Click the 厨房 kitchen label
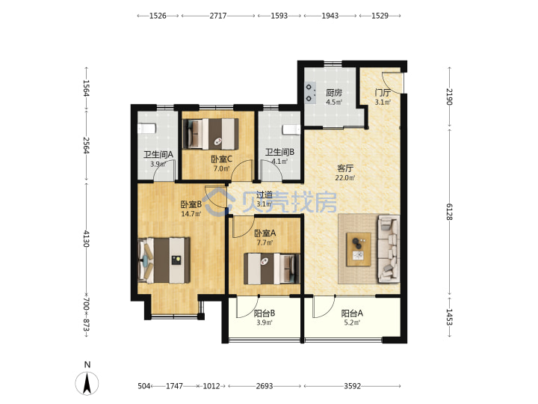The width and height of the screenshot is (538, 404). coord(334,93)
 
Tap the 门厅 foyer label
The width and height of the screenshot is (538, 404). coord(383,93)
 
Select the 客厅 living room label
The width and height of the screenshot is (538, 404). coord(345,168)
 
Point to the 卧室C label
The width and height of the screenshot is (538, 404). coord(222,159)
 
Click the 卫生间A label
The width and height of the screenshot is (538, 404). coord(158,155)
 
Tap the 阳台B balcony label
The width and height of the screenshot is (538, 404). coord(265,313)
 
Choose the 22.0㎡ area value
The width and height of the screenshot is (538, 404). coord(345,178)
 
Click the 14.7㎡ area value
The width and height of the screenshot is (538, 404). coord(191,214)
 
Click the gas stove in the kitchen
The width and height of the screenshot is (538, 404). coord(311,93)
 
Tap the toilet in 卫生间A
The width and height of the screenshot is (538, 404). coord(146,129)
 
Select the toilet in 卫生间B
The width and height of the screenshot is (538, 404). coord(291,130)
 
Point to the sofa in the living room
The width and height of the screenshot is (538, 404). coord(389,249)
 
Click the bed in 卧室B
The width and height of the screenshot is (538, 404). coord(164,260)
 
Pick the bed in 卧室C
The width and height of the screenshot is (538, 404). coord(211,134)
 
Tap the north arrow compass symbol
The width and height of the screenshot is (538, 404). coord(87,383)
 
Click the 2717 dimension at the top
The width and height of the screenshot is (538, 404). coord(218,16)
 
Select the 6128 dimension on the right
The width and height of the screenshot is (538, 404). coord(450,212)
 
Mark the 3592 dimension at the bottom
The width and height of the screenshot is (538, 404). coord(353,386)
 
